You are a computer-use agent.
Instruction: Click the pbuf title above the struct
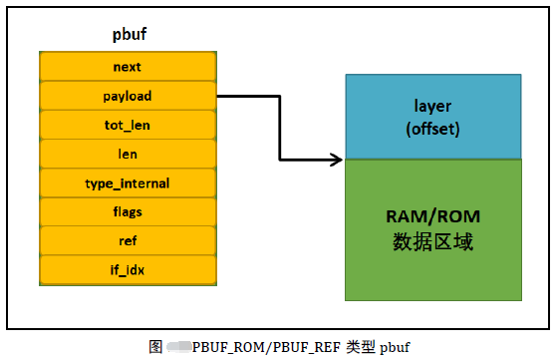pyautogui.click(x=129, y=35)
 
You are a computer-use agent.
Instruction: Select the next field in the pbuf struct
pyautogui.click(x=128, y=66)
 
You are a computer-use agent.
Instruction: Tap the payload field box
pyautogui.click(x=128, y=96)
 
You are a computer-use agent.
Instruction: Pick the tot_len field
pyautogui.click(x=128, y=125)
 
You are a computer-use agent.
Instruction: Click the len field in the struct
pyautogui.click(x=128, y=154)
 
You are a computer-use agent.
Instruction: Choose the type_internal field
pyautogui.click(x=128, y=183)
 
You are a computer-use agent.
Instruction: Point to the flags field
pyautogui.click(x=128, y=212)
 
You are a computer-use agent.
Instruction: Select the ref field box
pyautogui.click(x=128, y=241)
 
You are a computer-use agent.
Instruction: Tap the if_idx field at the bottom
pyautogui.click(x=128, y=269)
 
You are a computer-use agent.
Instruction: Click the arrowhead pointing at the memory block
pyautogui.click(x=337, y=159)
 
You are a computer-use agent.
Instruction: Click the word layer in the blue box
pyautogui.click(x=432, y=106)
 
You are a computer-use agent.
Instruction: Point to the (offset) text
pyautogui.click(x=432, y=129)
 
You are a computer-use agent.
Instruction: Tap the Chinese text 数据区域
pyautogui.click(x=432, y=241)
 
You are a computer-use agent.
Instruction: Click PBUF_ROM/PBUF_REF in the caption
pyautogui.click(x=266, y=347)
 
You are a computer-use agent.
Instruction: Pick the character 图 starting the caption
pyautogui.click(x=156, y=347)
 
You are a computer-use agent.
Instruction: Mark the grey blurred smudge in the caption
pyautogui.click(x=178, y=347)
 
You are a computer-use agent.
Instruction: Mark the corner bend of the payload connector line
pyautogui.click(x=279, y=97)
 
